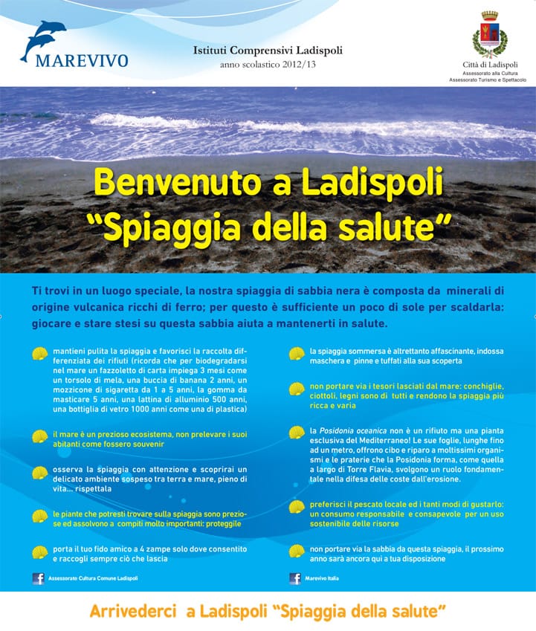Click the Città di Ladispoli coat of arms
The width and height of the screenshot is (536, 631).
click(x=490, y=33)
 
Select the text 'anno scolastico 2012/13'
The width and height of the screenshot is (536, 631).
click(x=268, y=65)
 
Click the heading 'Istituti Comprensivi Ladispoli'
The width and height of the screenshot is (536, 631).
click(x=268, y=51)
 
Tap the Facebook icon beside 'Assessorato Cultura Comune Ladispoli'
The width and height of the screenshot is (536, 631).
click(x=38, y=578)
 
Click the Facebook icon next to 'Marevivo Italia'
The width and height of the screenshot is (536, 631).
click(x=295, y=578)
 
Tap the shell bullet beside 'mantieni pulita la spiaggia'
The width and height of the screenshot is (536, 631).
click(x=39, y=354)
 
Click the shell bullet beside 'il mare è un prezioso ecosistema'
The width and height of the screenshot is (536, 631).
click(x=39, y=436)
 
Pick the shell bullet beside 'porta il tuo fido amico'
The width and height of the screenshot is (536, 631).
click(x=39, y=552)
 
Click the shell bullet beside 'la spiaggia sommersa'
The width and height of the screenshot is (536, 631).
click(x=297, y=354)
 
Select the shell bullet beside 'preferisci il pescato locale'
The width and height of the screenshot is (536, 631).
click(x=297, y=508)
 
